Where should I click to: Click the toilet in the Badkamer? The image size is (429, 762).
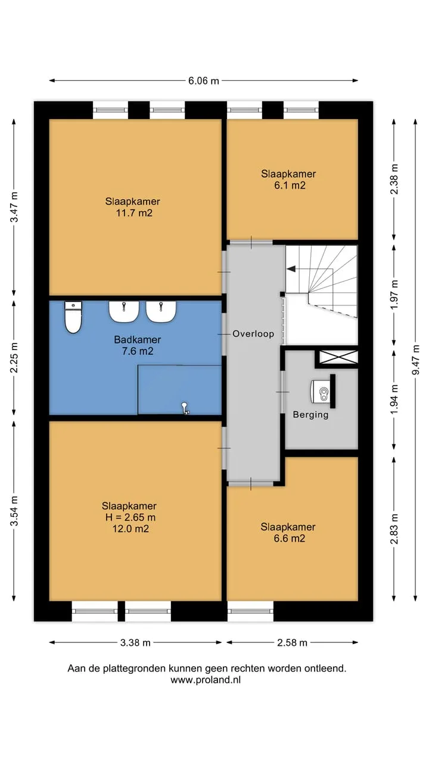(73, 317)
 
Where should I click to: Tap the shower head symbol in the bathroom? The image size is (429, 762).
(185, 408)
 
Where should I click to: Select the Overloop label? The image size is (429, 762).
(253, 334)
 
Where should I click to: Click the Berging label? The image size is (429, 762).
(310, 415)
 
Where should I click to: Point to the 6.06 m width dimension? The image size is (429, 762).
(204, 80)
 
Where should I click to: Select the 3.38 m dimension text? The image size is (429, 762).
(135, 642)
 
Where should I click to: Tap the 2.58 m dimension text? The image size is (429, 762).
(292, 642)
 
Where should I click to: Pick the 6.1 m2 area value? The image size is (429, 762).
(290, 185)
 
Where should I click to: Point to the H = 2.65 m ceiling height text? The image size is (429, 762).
(130, 517)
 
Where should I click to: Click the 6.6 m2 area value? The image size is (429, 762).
(290, 539)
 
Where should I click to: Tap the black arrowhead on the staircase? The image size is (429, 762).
(291, 268)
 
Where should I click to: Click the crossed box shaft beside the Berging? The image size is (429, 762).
(338, 357)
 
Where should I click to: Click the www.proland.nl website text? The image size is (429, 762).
(206, 680)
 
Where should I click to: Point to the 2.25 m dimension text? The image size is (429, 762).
(14, 358)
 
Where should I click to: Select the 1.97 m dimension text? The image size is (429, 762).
(394, 295)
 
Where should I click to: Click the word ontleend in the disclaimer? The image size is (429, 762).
(325, 669)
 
